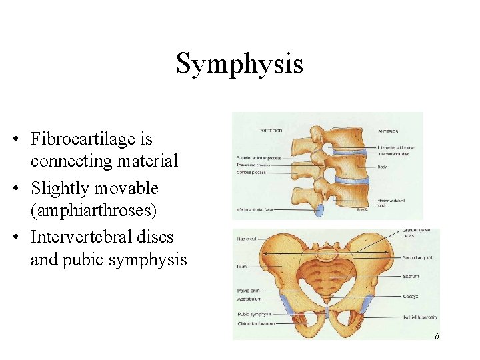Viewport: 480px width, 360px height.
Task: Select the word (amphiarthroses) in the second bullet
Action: point(93,211)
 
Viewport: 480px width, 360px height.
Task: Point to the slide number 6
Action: point(437,336)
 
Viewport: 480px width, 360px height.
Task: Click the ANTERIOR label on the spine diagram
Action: point(389,131)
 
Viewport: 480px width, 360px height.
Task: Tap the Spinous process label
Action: point(251,173)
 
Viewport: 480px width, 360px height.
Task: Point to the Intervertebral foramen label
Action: point(397,147)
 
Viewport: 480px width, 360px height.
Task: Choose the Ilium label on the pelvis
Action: point(241,266)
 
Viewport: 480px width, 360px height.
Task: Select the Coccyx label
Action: point(410,296)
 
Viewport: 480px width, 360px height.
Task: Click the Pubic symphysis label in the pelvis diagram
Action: point(254,314)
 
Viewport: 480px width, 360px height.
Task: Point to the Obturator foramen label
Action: point(256,324)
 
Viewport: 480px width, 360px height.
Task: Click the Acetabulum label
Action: point(249,299)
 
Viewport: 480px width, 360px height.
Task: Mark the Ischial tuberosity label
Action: point(419,317)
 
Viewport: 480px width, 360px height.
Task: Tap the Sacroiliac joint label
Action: point(418,257)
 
